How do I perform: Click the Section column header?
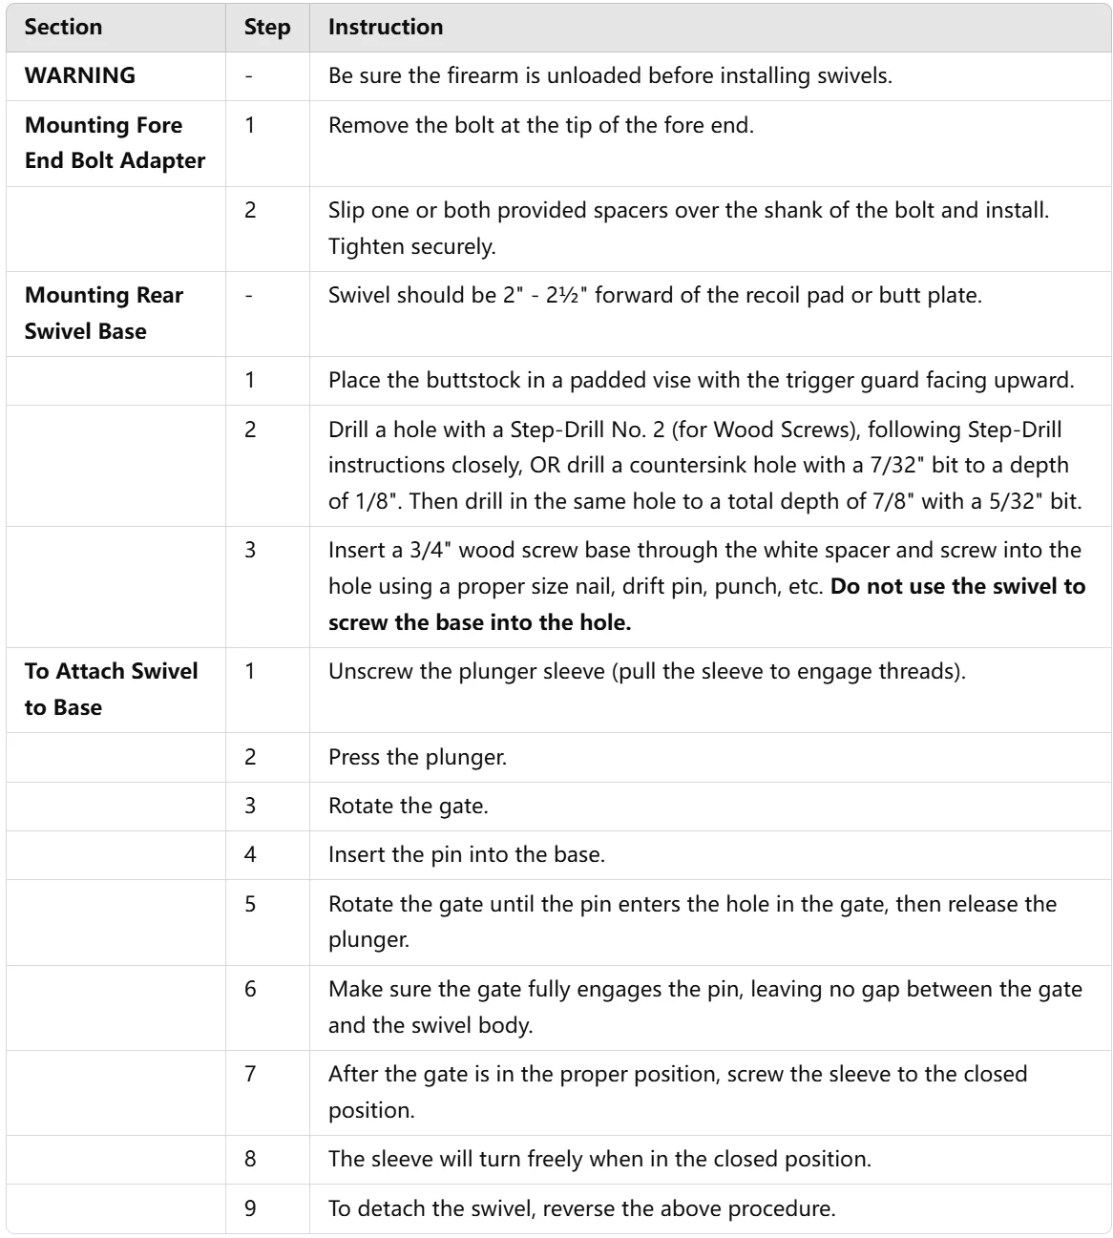tap(63, 27)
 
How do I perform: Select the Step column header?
tap(267, 27)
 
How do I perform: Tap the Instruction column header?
tap(386, 27)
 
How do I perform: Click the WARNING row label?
tap(80, 75)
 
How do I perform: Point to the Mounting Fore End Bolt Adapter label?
tap(115, 142)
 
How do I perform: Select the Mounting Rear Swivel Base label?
tap(103, 312)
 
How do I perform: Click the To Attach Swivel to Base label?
tap(111, 688)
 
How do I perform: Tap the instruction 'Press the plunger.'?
tap(417, 757)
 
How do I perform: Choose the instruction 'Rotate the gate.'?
tap(408, 806)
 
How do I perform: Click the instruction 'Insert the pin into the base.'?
tap(466, 854)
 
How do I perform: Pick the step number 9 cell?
tap(250, 1208)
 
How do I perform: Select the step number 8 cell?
tap(250, 1159)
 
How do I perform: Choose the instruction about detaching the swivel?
tap(581, 1208)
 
